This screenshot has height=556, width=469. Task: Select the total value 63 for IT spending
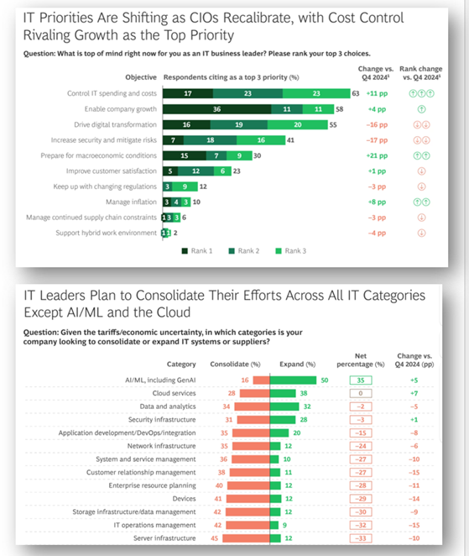(356, 94)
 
